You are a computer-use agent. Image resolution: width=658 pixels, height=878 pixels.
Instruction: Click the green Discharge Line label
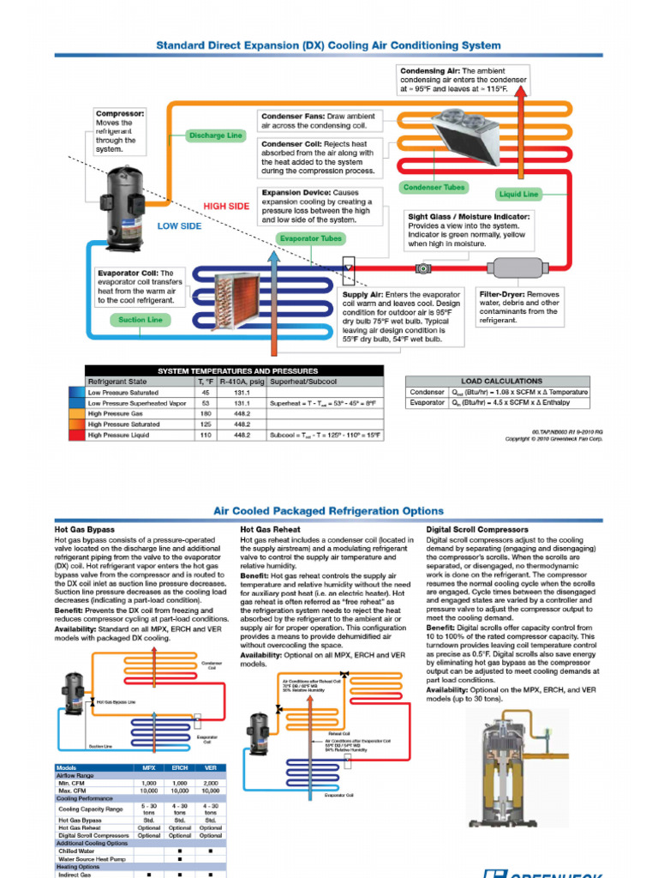(216, 135)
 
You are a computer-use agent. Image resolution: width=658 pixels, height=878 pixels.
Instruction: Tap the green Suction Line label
(141, 320)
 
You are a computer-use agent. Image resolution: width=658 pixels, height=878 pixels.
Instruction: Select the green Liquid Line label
(518, 194)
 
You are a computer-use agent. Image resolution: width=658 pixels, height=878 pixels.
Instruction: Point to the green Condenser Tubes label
(433, 188)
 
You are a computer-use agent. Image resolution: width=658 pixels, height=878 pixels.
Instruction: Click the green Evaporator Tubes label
(309, 238)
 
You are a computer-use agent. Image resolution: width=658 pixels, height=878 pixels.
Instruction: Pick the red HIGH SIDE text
(226, 207)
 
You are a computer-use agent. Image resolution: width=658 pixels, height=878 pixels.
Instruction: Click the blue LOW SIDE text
(179, 226)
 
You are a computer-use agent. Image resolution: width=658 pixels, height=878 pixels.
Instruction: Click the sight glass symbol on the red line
(423, 268)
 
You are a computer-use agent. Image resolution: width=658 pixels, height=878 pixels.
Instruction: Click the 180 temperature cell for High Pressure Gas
(205, 413)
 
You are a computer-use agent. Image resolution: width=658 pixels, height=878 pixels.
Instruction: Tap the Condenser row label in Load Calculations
(428, 392)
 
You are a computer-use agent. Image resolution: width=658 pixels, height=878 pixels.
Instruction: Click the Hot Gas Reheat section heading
(270, 530)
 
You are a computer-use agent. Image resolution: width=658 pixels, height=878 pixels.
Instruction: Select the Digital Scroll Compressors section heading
(476, 530)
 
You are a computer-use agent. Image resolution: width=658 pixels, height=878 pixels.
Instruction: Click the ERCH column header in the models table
(180, 767)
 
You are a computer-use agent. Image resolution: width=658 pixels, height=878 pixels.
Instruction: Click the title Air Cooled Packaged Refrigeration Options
(328, 511)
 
